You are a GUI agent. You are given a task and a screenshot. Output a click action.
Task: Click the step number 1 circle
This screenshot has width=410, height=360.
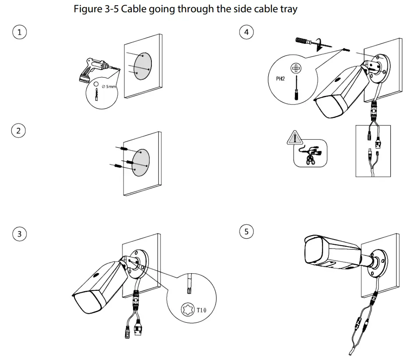coord(19,32)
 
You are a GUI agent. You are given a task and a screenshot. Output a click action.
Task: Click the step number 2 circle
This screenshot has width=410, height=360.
coord(18,131)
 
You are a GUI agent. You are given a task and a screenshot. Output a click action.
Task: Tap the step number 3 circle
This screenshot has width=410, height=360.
coord(19,234)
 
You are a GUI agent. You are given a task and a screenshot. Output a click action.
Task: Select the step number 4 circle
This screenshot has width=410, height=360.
coord(247,32)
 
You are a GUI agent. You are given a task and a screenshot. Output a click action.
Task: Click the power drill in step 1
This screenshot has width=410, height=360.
coord(94,70)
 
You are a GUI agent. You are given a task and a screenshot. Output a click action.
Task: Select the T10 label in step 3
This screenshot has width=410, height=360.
coord(200,310)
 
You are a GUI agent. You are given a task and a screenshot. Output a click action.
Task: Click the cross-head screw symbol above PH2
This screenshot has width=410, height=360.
coord(296,68)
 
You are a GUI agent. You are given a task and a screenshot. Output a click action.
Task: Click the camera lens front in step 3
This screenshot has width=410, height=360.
coord(87,302)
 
